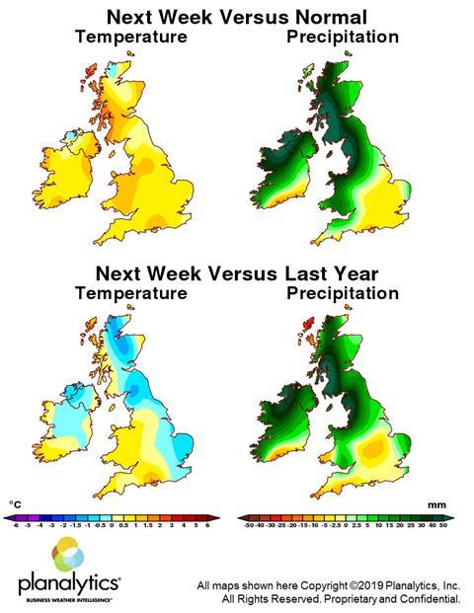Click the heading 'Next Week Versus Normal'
tap(236, 18)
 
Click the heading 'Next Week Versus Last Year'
tap(236, 273)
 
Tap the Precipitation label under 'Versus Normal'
tap(343, 38)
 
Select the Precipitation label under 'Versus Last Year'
tap(343, 293)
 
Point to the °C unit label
tap(15, 503)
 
